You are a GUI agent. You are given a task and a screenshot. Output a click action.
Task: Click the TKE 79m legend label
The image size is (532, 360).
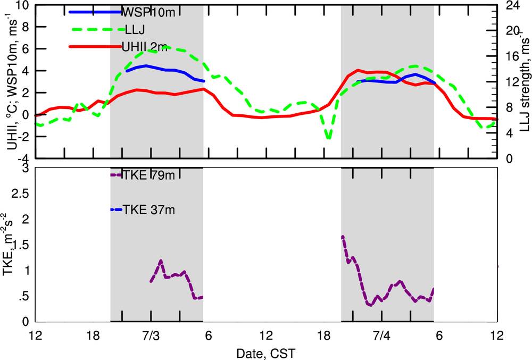coord(148,175)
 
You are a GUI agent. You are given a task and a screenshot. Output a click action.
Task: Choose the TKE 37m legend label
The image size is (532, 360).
coord(148,210)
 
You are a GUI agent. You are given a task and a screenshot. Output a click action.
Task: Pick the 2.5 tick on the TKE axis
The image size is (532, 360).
coord(19,194)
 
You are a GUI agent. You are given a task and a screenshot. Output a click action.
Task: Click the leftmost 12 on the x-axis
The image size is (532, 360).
coord(35,337)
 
